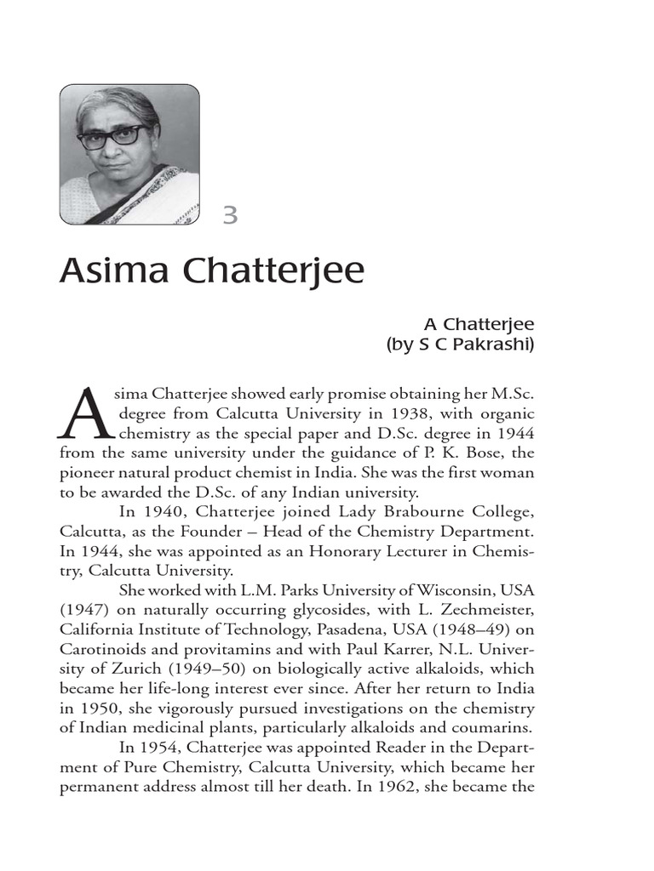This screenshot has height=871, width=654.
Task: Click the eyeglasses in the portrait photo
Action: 111,135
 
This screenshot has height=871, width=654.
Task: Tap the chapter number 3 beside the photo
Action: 229,215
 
